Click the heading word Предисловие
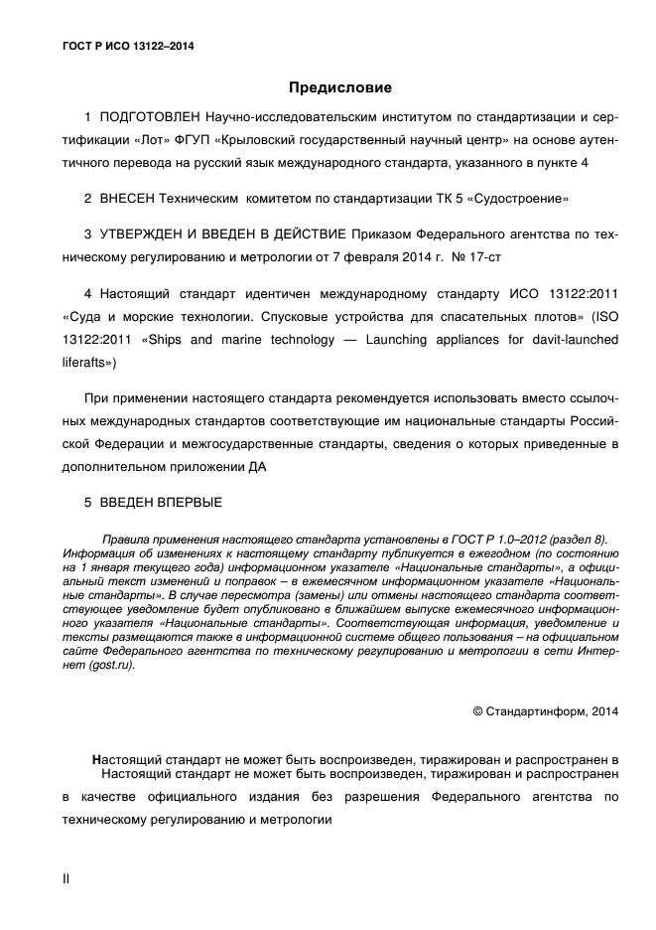pyautogui.click(x=341, y=87)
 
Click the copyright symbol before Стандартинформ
pyautogui.click(x=477, y=711)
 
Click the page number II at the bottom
pyautogui.click(x=66, y=879)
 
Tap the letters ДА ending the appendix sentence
pyautogui.click(x=259, y=464)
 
